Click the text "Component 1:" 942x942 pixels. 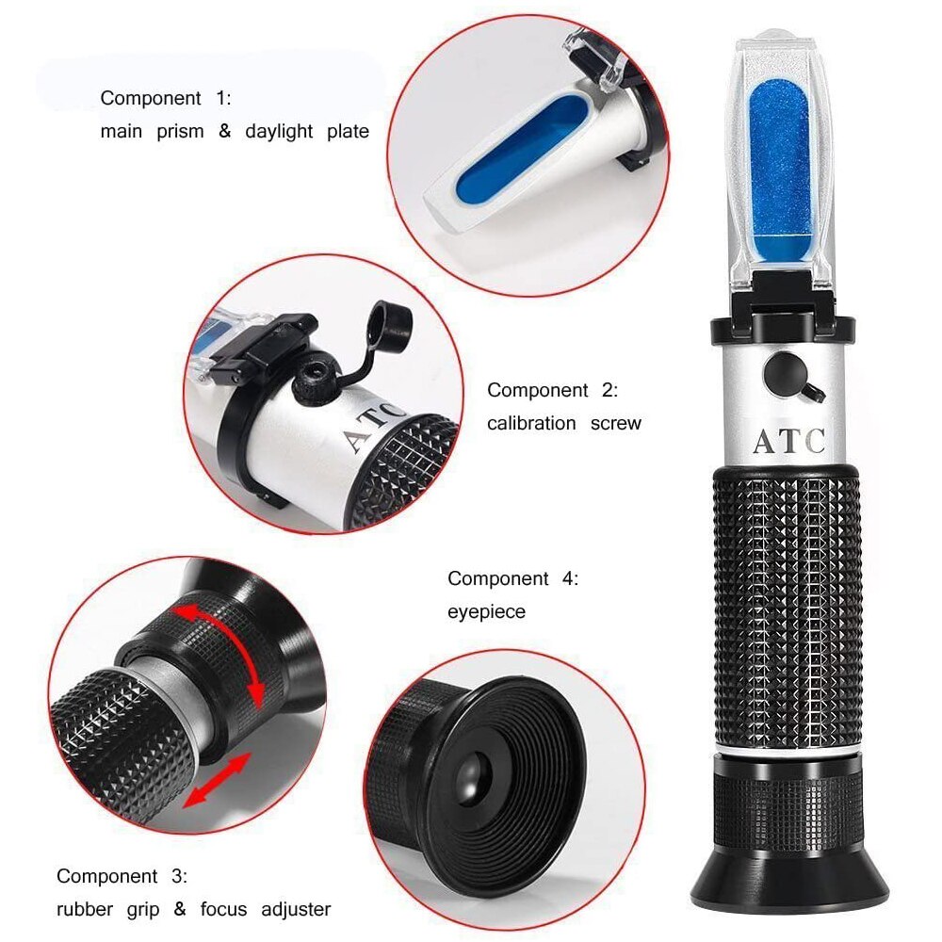(x=166, y=98)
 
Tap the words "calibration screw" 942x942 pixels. (x=563, y=424)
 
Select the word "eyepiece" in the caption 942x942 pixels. (x=486, y=612)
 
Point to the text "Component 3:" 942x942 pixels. (x=122, y=876)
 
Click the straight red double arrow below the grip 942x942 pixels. (x=217, y=780)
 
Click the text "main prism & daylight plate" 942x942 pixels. (x=235, y=132)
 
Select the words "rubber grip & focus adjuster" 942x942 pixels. (x=193, y=910)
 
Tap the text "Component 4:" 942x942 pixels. (x=512, y=578)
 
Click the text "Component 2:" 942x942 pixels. (x=552, y=390)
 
